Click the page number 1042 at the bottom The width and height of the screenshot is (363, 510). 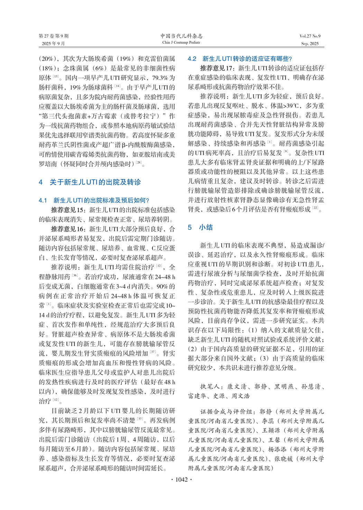[x=181, y=480]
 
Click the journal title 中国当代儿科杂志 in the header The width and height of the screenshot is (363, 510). [x=181, y=36]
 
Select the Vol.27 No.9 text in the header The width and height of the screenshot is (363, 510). [x=310, y=36]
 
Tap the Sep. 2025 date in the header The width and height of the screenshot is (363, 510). [x=310, y=44]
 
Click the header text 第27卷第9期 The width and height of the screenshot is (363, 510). [x=54, y=36]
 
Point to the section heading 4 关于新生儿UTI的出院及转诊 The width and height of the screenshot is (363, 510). [x=90, y=182]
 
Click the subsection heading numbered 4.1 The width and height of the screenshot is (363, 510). [x=94, y=200]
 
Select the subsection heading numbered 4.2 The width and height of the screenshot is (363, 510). [x=240, y=59]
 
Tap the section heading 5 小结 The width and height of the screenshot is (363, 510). [x=201, y=227]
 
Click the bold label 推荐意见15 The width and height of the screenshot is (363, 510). [x=67, y=210]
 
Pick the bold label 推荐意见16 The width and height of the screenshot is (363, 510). [x=67, y=229]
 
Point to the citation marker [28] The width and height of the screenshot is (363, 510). [x=138, y=163]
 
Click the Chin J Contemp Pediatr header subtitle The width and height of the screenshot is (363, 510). [x=181, y=43]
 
